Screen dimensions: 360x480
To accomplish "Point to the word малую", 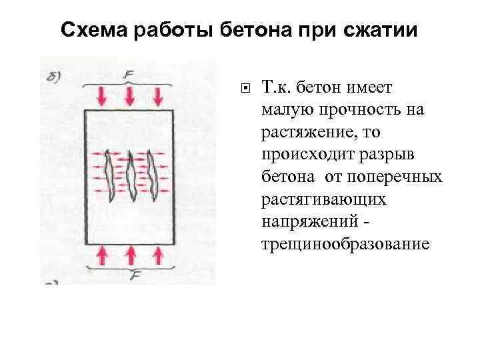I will point(287,109).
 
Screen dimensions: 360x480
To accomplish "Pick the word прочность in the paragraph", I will point(361,109).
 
